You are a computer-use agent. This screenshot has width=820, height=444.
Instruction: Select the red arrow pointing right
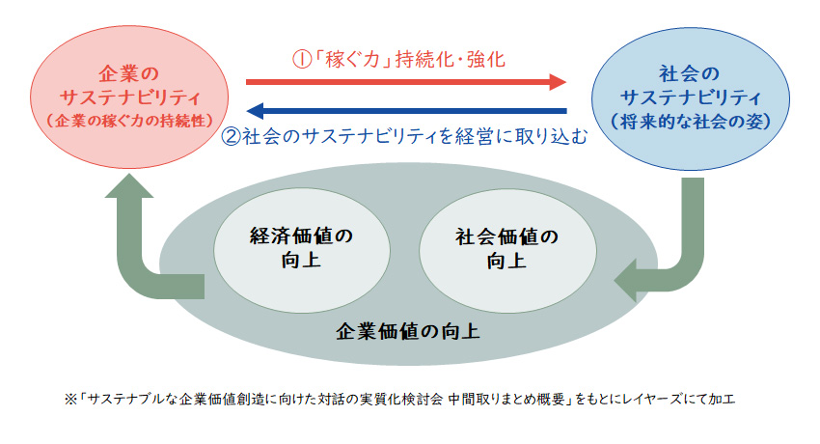(x=405, y=82)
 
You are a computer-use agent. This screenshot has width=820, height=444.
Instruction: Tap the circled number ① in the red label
(x=301, y=59)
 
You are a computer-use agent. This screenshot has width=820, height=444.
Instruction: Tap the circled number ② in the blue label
(x=231, y=136)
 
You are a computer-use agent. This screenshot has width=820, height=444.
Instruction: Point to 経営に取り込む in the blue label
(x=521, y=136)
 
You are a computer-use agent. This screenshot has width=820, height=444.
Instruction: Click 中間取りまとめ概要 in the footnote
(x=503, y=399)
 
